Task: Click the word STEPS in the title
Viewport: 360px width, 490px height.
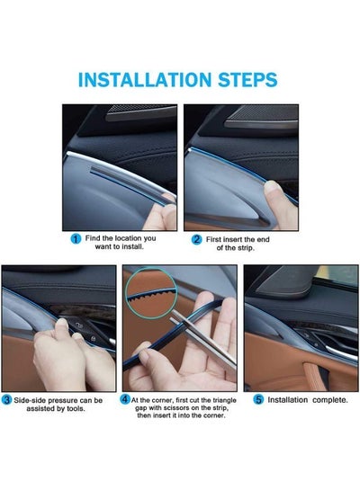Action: [x=247, y=80]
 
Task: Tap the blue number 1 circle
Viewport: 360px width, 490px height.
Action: [x=76, y=239]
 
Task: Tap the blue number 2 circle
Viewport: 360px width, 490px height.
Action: [x=196, y=240]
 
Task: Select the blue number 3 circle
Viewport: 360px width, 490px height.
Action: [x=6, y=400]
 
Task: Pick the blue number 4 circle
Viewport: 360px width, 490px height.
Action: [x=125, y=399]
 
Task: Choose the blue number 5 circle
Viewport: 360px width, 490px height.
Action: [x=258, y=400]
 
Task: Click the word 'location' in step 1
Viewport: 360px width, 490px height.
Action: [x=129, y=238]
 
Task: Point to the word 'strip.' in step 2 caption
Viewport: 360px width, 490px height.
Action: [x=244, y=248]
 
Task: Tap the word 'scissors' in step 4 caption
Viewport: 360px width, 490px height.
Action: [x=175, y=408]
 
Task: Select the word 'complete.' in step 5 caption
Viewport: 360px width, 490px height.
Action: [x=330, y=400]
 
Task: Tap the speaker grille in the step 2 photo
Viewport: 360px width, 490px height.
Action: [x=262, y=117]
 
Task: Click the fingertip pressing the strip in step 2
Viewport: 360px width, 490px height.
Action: [x=272, y=189]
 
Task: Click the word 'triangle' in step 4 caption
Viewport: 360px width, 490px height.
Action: [x=224, y=400]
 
